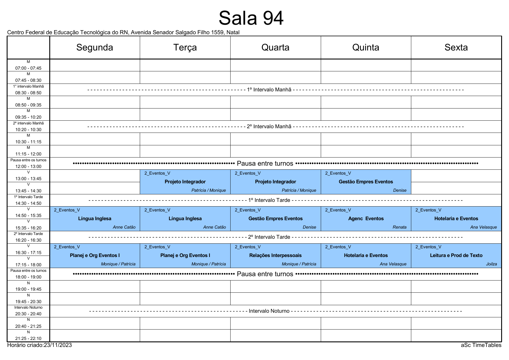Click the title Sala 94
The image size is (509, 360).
(251, 18)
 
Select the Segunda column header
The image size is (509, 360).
(95, 47)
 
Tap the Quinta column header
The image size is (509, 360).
(366, 47)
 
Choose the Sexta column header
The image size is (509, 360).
(456, 47)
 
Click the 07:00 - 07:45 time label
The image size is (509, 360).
(28, 68)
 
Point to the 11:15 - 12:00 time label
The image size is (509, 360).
(28, 154)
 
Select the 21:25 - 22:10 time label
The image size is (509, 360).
(28, 338)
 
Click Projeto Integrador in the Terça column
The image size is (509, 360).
(185, 182)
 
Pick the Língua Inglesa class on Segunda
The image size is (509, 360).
(95, 219)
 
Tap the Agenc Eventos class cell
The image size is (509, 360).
(366, 219)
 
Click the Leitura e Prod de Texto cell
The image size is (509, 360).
(456, 256)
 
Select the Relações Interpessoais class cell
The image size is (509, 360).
(276, 256)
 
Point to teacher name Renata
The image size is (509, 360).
(400, 227)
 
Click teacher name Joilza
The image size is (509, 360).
(492, 264)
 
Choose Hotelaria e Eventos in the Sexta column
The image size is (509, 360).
(456, 219)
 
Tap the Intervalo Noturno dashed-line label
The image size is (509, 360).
(269, 311)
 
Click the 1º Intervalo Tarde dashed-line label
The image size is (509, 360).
(269, 200)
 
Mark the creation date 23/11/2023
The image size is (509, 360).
(58, 345)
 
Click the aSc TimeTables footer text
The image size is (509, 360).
(481, 345)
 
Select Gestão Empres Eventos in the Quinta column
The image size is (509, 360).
(366, 182)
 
